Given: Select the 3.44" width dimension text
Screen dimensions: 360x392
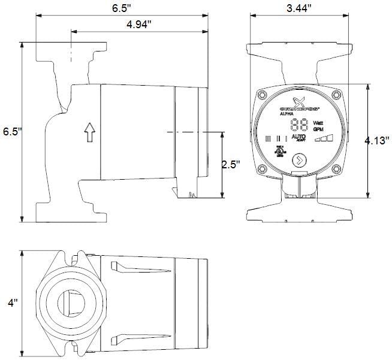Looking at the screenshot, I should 297,9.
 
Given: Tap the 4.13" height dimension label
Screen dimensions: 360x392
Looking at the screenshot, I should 377,141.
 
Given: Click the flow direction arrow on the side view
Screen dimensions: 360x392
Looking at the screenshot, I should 89,132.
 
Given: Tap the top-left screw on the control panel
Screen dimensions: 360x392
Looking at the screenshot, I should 262,95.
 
